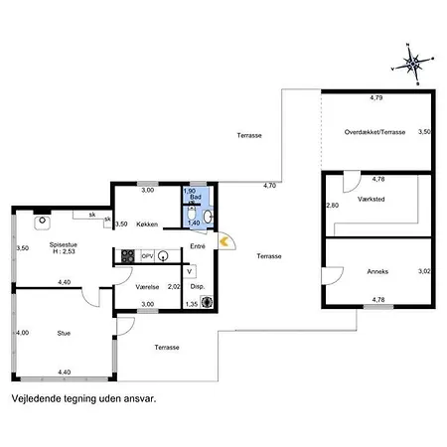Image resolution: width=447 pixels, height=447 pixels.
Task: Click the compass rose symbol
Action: pyautogui.click(x=412, y=64)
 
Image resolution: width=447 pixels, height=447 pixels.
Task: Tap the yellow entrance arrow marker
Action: pyautogui.click(x=224, y=241)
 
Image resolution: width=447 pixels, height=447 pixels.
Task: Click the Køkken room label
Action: pyautogui.click(x=147, y=224)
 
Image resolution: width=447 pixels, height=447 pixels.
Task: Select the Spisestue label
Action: pyautogui.click(x=64, y=244)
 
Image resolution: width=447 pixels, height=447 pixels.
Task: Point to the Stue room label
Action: pyautogui.click(x=64, y=333)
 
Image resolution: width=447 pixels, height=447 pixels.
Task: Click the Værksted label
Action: pyautogui.click(x=372, y=199)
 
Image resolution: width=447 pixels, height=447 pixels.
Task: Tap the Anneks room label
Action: pyautogui.click(x=377, y=271)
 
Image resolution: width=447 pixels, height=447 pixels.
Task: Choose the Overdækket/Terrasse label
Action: pyautogui.click(x=374, y=132)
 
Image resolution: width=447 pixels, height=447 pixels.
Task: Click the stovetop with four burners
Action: pyautogui.click(x=128, y=256)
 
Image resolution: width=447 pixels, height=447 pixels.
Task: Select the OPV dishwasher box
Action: pyautogui.click(x=147, y=256)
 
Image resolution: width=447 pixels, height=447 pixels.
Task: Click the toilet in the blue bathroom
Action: pyautogui.click(x=192, y=214)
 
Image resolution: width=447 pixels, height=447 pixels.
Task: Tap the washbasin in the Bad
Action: pyautogui.click(x=208, y=217)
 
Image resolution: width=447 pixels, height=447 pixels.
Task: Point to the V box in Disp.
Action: pyautogui.click(x=190, y=271)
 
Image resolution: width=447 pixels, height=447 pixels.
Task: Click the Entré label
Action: pyautogui.click(x=198, y=246)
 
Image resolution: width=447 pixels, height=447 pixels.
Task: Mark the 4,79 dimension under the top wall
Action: pyautogui.click(x=376, y=97)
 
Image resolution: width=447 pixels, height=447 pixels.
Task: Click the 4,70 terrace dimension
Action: pyautogui.click(x=269, y=186)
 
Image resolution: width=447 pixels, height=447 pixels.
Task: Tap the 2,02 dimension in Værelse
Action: pyautogui.click(x=174, y=287)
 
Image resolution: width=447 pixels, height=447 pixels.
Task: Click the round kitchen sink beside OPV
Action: pyautogui.click(x=163, y=255)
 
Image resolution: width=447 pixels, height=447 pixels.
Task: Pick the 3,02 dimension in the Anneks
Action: pyautogui.click(x=424, y=271)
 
